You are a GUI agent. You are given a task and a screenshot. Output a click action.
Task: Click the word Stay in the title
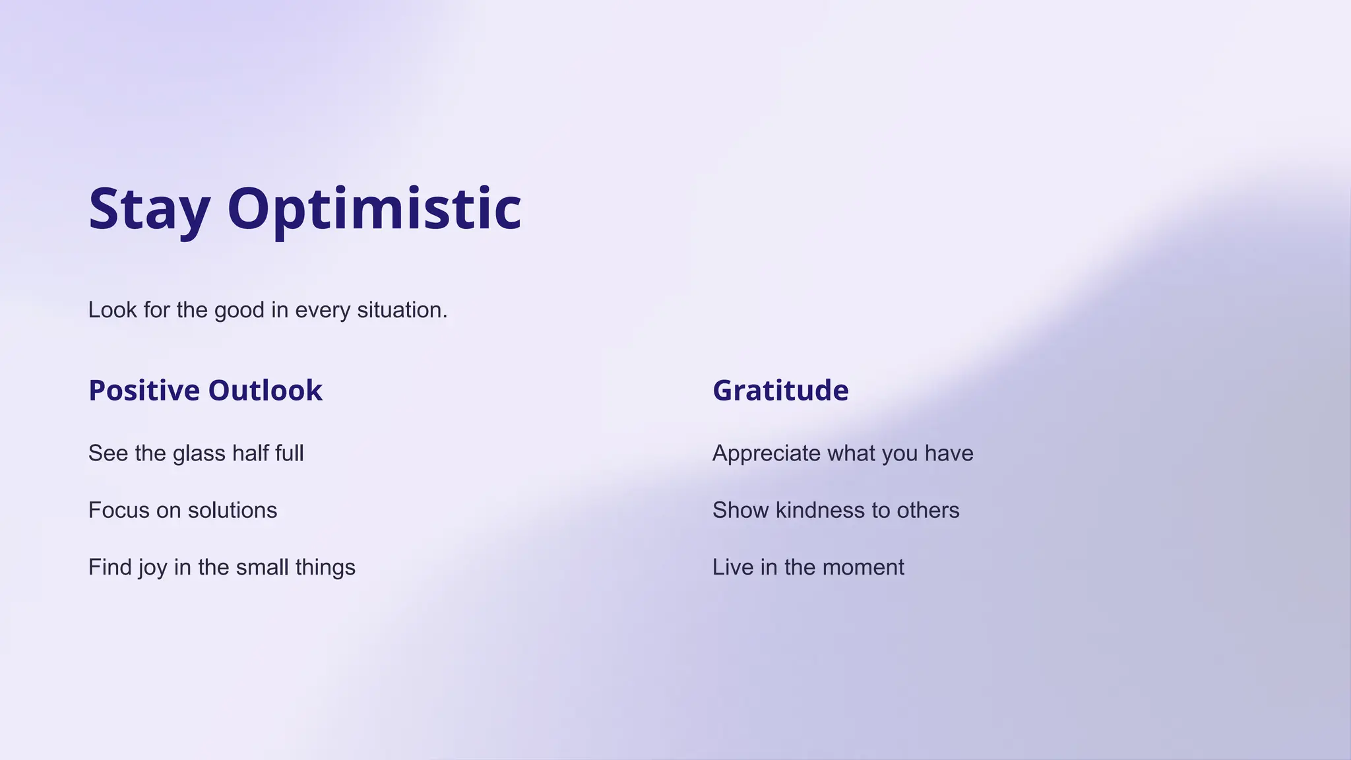149,210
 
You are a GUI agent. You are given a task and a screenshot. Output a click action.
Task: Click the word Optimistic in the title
374,210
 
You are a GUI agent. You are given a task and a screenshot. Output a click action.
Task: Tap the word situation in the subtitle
402,310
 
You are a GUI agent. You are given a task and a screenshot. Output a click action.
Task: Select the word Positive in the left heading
144,391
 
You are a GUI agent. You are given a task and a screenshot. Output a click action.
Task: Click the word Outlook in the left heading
265,391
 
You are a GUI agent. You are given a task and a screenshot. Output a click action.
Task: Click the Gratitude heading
780,391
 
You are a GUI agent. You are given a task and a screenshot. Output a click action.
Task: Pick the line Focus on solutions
183,511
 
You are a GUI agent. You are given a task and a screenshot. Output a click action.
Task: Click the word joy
152,568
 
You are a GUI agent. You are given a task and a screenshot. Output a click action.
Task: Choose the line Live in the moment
808,567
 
